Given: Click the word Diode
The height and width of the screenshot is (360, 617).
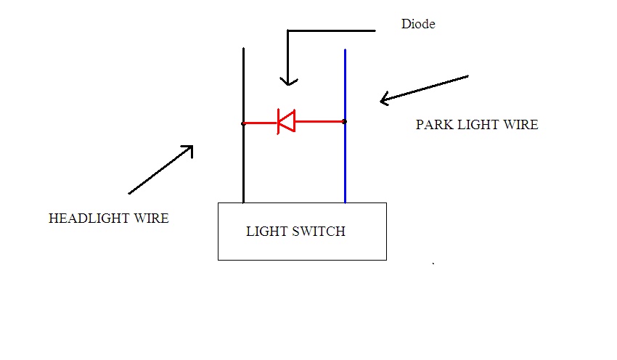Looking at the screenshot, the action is (418, 24).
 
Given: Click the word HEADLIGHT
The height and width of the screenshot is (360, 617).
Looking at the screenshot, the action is (89, 218).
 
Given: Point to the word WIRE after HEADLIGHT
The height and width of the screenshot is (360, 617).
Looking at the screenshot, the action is (152, 218).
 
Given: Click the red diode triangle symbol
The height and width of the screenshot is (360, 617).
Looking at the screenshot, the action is (286, 122).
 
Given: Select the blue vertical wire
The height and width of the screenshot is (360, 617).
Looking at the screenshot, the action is (345, 126).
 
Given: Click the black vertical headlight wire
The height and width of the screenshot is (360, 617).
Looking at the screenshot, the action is (244, 125).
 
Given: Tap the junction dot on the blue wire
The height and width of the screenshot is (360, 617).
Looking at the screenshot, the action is (345, 122).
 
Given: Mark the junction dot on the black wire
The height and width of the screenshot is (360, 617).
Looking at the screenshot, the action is (244, 123).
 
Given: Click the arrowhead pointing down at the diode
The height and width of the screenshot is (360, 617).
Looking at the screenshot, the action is (289, 82).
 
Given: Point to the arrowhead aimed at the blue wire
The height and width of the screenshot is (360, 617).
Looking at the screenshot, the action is (384, 99).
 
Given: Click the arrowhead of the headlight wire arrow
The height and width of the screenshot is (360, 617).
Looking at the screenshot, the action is (189, 149).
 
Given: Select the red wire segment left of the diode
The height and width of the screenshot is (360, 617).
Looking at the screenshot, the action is (261, 123).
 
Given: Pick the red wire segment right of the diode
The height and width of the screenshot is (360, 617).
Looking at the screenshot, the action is (319, 122).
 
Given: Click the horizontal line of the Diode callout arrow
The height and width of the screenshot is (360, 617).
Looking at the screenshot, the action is (331, 30).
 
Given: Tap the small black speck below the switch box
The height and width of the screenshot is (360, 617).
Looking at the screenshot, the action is (433, 263).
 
